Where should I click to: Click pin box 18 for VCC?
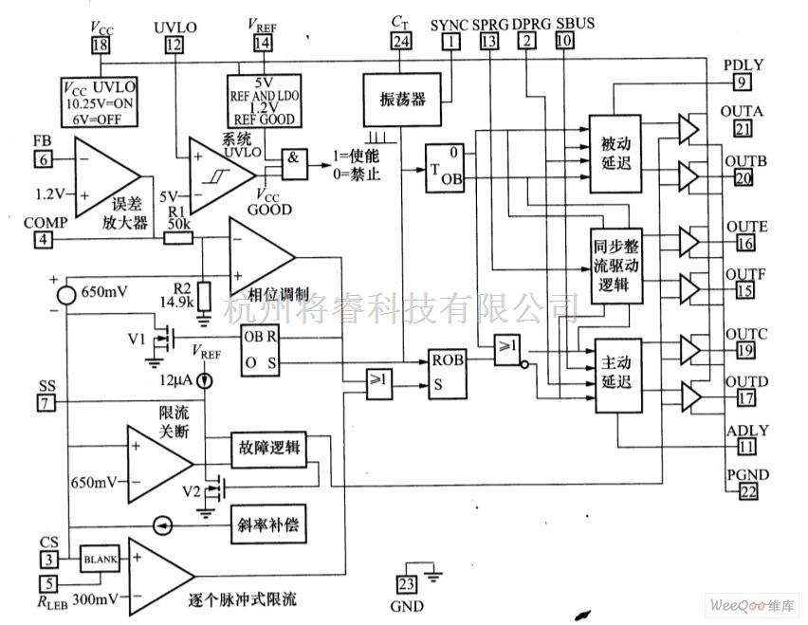point(101,46)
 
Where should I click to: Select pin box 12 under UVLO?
point(172,46)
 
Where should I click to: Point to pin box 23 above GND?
point(407,584)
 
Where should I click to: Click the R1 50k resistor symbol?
point(177,240)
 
